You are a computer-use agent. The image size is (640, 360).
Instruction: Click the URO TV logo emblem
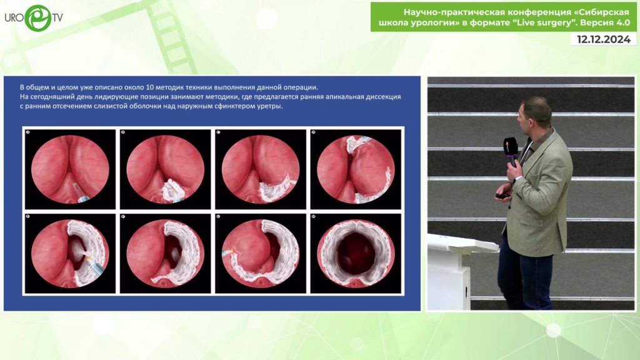[x=38, y=18]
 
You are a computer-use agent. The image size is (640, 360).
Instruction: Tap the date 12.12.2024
[x=603, y=39]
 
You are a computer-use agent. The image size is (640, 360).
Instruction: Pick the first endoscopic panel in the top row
[x=70, y=169]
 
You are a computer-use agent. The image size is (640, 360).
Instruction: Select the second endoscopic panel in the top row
[x=165, y=169]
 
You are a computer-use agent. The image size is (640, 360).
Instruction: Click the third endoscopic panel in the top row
[x=261, y=169]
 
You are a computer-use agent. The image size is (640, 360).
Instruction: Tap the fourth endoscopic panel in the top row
[x=356, y=169]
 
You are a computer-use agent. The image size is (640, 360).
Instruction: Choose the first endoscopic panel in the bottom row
[x=70, y=253]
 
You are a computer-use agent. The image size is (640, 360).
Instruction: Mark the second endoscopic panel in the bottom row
[x=165, y=253]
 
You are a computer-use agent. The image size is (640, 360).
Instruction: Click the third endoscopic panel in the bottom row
[x=261, y=253]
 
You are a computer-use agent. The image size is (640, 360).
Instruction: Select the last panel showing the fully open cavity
[x=356, y=253]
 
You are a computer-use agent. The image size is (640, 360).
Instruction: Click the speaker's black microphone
[x=511, y=151]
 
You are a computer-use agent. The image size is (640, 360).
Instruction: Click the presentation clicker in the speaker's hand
[x=502, y=196]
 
